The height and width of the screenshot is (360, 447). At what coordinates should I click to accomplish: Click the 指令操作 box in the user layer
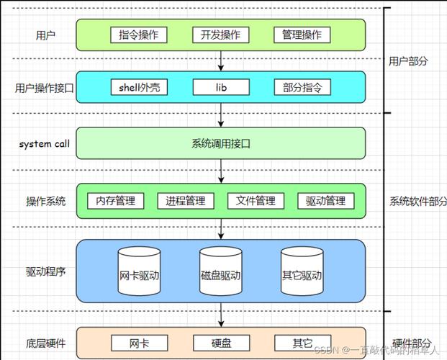click(139, 35)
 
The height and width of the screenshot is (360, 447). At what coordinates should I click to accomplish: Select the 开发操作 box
click(221, 35)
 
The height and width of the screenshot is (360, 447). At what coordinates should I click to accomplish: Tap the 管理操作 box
click(302, 35)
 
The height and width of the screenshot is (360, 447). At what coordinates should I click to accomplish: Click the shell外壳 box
click(139, 88)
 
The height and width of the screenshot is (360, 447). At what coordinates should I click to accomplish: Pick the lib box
click(221, 88)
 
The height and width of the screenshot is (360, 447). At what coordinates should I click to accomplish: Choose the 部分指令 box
click(302, 88)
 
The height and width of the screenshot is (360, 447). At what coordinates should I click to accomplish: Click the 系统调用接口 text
click(221, 144)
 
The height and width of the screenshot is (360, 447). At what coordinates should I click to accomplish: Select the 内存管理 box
click(115, 201)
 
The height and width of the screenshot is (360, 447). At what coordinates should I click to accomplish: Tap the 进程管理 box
click(185, 201)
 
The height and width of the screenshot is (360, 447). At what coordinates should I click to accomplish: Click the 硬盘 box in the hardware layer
click(221, 343)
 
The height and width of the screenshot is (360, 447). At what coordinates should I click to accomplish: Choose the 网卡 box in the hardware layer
click(139, 343)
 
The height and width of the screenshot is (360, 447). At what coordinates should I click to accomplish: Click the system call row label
click(45, 144)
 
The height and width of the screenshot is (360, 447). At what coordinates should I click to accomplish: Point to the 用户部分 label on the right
click(408, 61)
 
